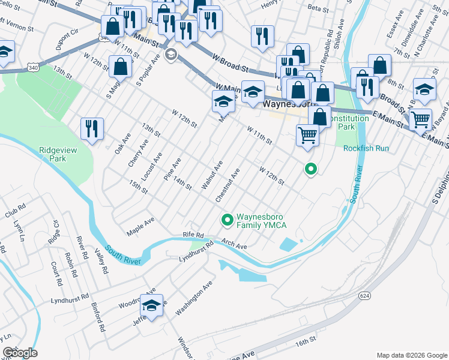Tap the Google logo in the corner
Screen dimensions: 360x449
pyautogui.click(x=20, y=353)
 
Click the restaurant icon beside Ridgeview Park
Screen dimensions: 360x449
pyautogui.click(x=92, y=129)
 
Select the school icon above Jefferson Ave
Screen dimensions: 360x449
pyautogui.click(x=152, y=305)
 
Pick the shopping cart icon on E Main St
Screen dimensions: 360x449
pyautogui.click(x=420, y=119)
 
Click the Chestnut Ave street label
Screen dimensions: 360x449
pyautogui.click(x=228, y=185)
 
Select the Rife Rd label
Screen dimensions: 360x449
pyautogui.click(x=194, y=235)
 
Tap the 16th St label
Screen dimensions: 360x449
pyautogui.click(x=305, y=341)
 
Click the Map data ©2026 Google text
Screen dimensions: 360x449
pyautogui.click(x=411, y=355)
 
